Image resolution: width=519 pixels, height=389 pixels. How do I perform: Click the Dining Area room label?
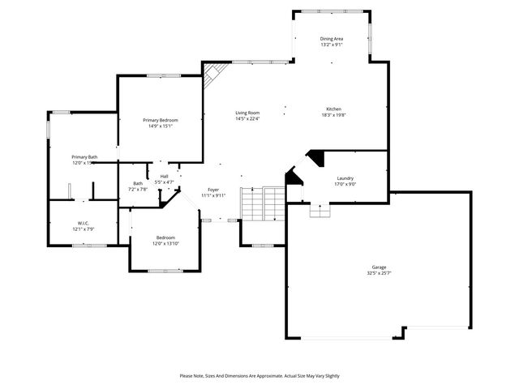[x=331, y=39]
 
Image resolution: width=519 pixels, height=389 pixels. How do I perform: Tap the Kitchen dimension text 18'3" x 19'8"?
[x=333, y=115]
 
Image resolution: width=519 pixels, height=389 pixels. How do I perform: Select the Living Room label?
[x=247, y=113]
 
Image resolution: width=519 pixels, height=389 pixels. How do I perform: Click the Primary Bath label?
[x=84, y=157]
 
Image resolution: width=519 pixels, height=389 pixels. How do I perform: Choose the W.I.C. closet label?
[x=84, y=223]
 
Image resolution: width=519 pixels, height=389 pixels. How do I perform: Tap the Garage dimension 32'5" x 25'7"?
[x=378, y=273]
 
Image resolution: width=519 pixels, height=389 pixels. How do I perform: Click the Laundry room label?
[x=345, y=177]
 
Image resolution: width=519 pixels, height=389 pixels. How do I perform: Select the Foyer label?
[x=212, y=189]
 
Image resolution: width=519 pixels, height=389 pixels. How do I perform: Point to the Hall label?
[x=164, y=176]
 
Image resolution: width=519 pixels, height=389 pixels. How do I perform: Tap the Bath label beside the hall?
[x=137, y=183]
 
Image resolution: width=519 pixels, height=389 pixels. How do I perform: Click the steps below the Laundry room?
[x=320, y=210]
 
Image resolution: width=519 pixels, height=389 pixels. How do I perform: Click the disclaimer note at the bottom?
[x=259, y=376]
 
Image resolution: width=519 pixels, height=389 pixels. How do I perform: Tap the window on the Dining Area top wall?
[x=330, y=11]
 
